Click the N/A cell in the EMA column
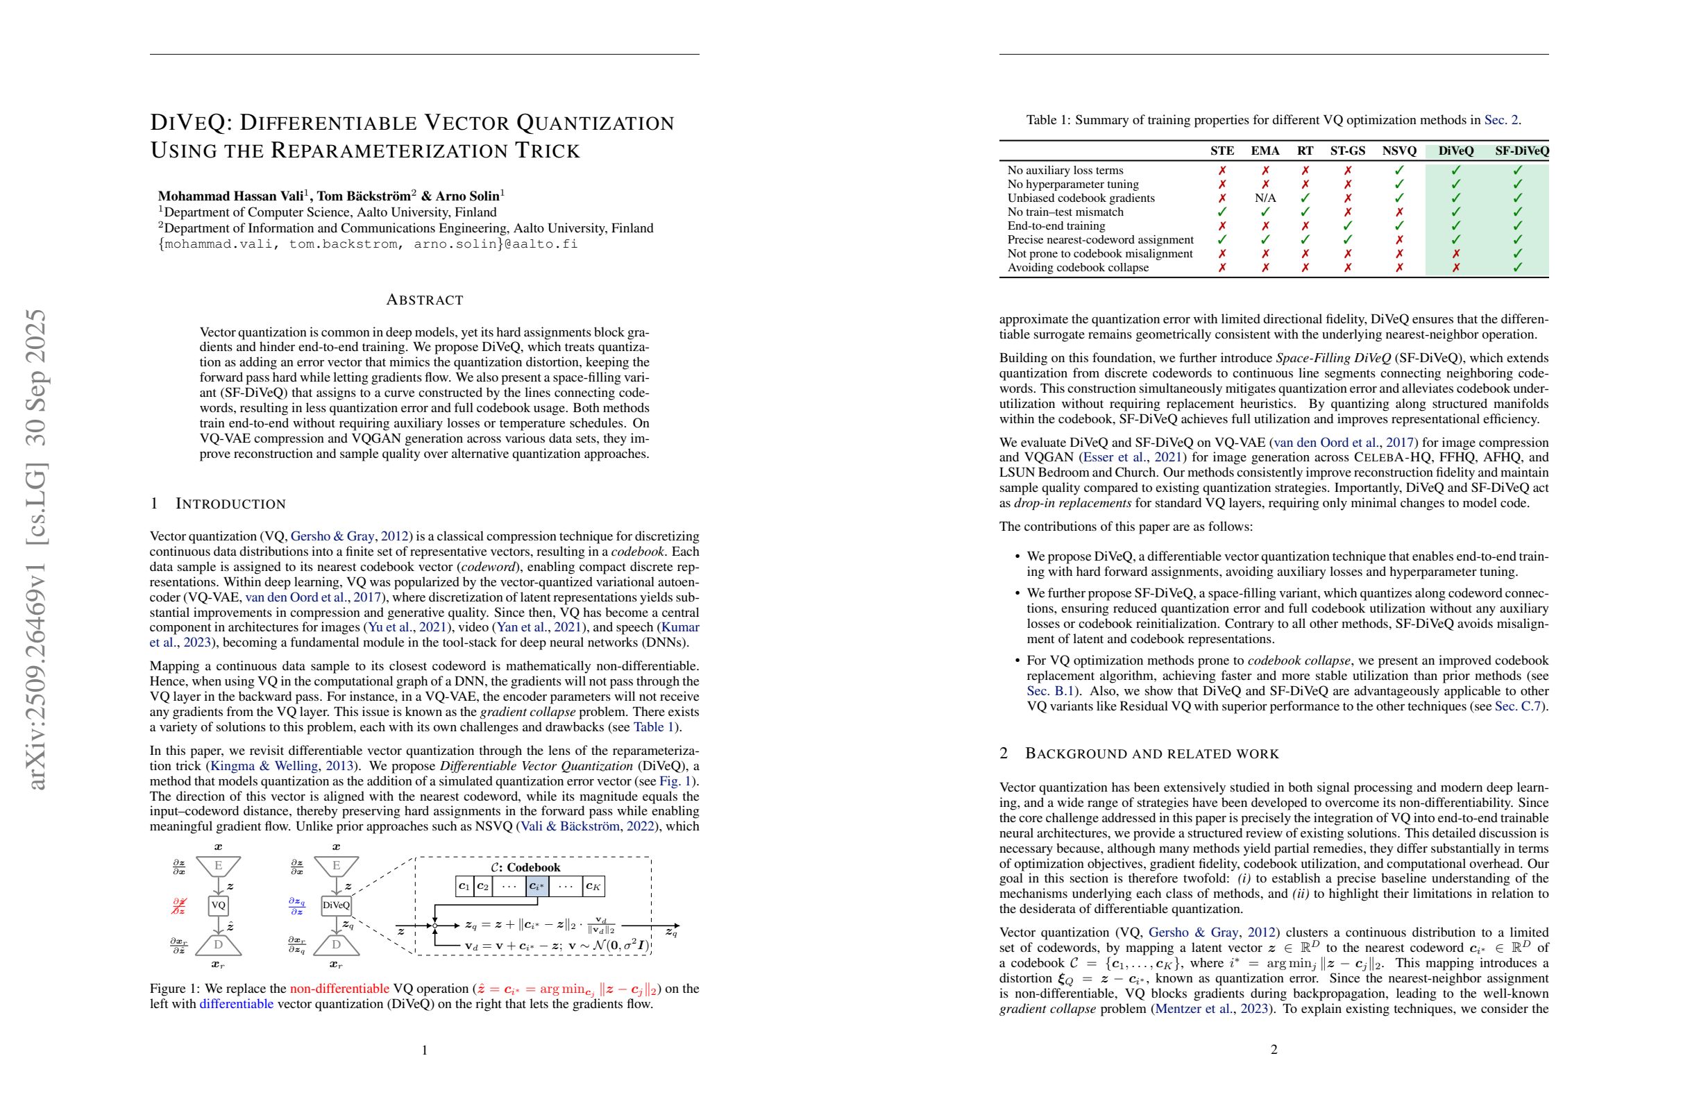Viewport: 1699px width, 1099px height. coord(1265,198)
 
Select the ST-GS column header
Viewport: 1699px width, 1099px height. coord(1347,151)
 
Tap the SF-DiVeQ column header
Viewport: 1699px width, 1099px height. coord(1521,151)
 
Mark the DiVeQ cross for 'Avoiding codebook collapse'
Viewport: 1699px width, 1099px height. coord(1455,268)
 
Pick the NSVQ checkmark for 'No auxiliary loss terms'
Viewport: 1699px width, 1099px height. coord(1398,171)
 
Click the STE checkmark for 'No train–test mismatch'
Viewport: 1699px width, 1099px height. coord(1222,212)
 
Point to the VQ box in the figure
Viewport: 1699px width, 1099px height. coord(219,905)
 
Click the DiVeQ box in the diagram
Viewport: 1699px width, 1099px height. coord(336,905)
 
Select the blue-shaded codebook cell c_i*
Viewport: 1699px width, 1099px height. coord(536,886)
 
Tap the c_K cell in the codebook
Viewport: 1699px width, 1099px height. coord(593,886)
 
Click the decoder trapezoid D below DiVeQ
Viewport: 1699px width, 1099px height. coord(336,945)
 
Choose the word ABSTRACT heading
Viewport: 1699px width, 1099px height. coord(424,300)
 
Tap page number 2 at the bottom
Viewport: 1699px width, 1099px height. coord(1274,1049)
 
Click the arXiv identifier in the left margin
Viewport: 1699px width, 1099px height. coord(35,549)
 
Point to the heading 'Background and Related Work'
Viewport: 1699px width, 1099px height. coord(1151,754)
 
